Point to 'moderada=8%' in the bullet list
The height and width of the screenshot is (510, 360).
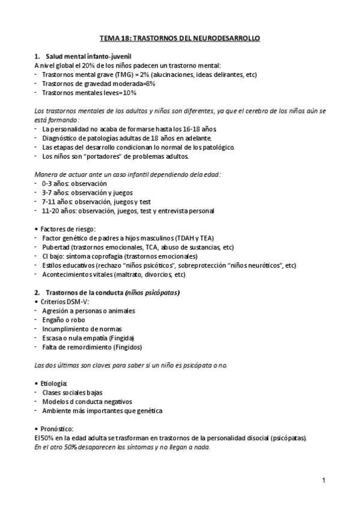134,84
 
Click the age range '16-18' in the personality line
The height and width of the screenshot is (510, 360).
182,129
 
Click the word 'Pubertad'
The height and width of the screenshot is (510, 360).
55,247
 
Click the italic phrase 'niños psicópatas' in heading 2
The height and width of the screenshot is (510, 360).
152,292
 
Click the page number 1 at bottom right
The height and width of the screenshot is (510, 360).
323,480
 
